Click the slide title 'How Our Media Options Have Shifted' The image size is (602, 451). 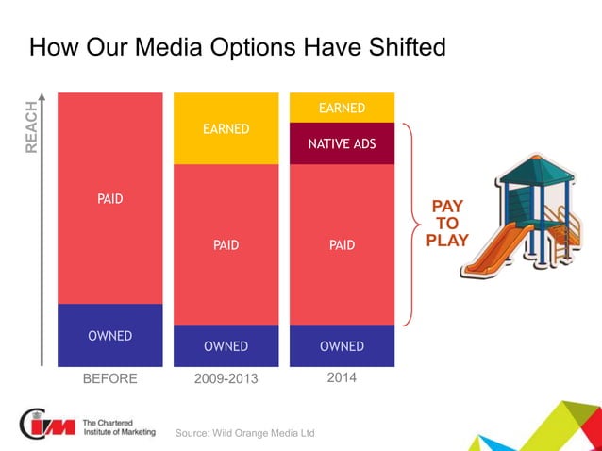237,47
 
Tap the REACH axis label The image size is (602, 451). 32,127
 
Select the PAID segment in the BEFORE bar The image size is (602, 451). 109,198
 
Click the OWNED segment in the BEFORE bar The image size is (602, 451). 109,335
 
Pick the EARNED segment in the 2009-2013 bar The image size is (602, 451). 226,128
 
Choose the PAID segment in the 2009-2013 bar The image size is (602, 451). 226,244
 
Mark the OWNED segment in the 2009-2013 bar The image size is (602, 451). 226,345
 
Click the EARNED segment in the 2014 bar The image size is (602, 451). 342,108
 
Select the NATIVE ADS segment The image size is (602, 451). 342,143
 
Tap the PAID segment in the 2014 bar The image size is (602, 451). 342,244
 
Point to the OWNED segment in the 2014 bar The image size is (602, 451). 342,345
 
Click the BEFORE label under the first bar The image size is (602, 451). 109,379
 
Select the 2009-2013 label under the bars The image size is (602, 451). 226,379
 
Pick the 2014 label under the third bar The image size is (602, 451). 342,378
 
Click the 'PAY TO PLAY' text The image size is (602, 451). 447,223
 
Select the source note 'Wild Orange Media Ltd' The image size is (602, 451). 245,433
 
